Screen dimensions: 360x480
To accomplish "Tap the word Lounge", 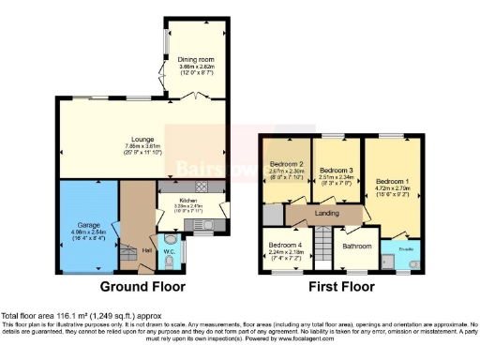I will pyautogui.click(x=141, y=140).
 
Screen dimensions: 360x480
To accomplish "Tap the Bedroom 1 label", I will pyautogui.click(x=393, y=180).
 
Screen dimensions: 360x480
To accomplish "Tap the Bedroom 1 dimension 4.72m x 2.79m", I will pyautogui.click(x=393, y=187).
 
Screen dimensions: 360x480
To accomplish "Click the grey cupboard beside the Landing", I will pyautogui.click(x=274, y=214).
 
